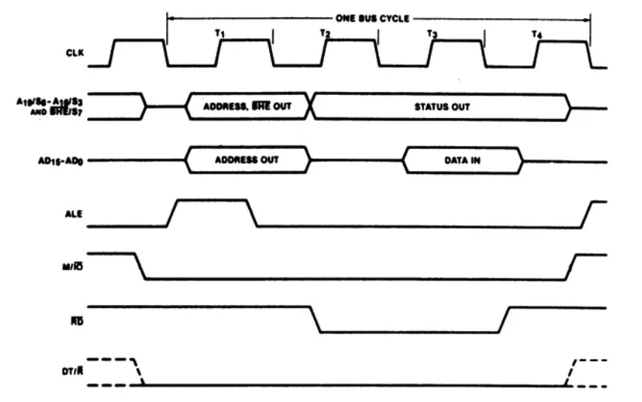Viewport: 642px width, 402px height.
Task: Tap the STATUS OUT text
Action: point(442,107)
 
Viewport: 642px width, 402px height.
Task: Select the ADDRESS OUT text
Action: point(247,160)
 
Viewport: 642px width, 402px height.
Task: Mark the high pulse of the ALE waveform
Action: point(212,201)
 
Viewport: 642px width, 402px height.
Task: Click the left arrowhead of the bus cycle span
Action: point(170,18)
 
